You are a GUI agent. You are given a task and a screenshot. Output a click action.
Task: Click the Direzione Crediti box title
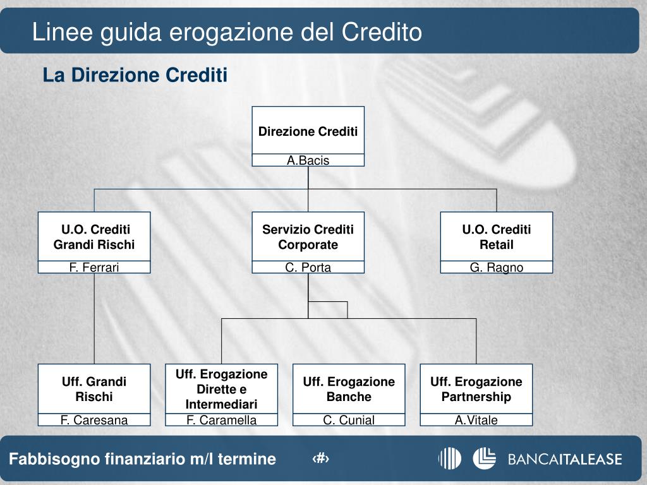tap(308, 131)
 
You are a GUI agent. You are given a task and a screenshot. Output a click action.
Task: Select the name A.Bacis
tap(308, 160)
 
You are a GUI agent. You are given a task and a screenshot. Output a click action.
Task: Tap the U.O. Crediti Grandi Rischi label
tap(94, 237)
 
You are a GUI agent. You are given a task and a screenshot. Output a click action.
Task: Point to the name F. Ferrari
tap(94, 267)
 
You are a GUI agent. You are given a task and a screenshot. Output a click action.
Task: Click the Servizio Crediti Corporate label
tap(308, 237)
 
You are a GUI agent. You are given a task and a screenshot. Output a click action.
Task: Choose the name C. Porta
tap(308, 267)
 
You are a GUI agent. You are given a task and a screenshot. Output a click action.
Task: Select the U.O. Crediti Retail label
tap(496, 237)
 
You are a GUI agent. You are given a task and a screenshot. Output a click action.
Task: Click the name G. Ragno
tap(496, 267)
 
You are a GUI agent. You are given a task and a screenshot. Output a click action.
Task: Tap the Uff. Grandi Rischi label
tap(94, 389)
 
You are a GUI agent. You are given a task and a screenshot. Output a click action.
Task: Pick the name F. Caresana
tap(94, 420)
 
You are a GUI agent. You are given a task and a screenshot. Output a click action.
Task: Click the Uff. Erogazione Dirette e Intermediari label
tap(221, 389)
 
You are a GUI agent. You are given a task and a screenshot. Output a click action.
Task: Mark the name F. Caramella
tap(221, 420)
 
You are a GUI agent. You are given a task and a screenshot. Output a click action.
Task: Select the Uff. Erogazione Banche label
tap(349, 389)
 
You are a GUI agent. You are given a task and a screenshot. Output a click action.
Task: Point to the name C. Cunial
tap(349, 420)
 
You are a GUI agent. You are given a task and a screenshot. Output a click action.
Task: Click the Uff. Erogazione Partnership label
tap(476, 389)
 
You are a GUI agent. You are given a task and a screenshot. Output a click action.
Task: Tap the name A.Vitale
tap(476, 420)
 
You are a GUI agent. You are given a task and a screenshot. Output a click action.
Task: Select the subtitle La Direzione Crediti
tap(135, 76)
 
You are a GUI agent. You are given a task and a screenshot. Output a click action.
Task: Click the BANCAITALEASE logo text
tap(565, 459)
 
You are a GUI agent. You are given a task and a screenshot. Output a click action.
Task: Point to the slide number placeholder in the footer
tap(322, 459)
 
